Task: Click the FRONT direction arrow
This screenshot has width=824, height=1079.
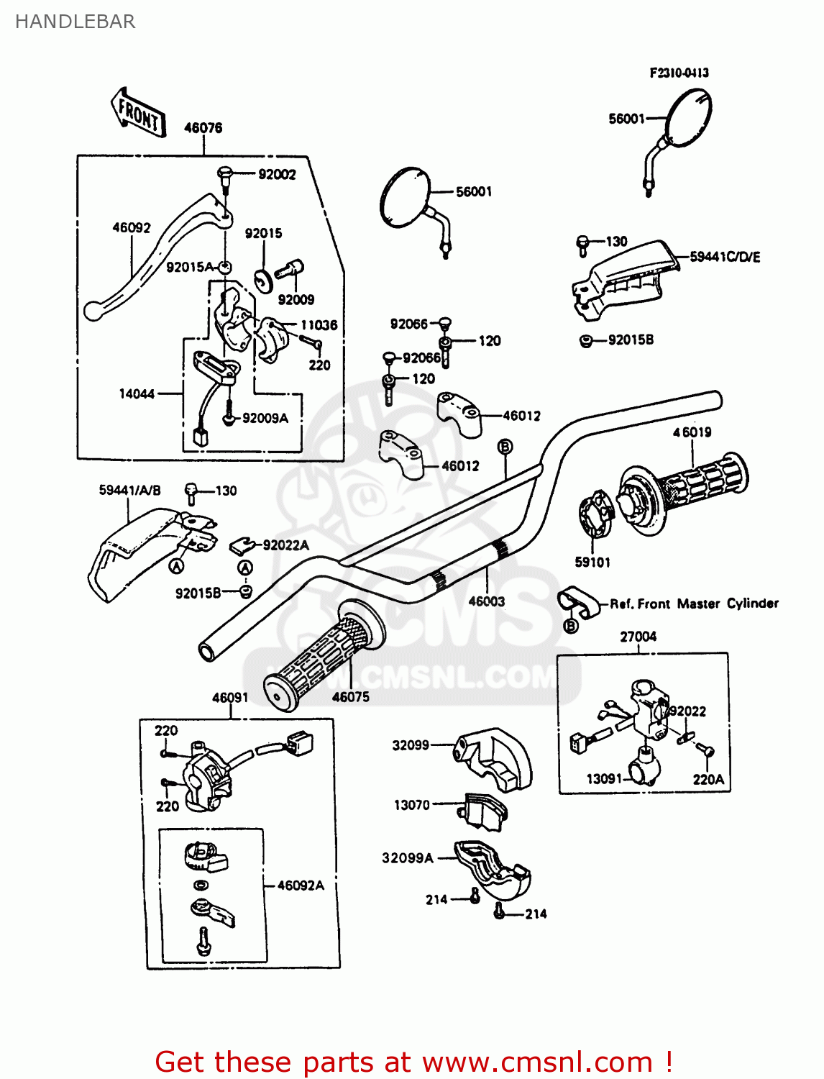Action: [x=139, y=114]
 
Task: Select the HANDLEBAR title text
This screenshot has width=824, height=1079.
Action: [x=75, y=22]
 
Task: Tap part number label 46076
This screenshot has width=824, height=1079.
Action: [x=203, y=128]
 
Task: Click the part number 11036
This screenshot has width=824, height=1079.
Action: [x=319, y=325]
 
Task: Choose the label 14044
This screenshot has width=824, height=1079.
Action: [x=137, y=393]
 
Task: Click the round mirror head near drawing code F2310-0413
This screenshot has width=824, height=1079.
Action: [x=688, y=118]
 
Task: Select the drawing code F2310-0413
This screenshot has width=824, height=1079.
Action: [x=679, y=73]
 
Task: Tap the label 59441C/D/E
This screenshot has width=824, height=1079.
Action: [x=724, y=257]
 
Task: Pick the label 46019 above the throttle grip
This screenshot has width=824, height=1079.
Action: [x=692, y=432]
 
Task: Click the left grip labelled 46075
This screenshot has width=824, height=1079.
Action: [x=324, y=655]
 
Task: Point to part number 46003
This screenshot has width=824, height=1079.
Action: [x=487, y=601]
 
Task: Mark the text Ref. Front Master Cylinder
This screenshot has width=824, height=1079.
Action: [x=694, y=604]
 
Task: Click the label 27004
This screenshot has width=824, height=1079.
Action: [x=638, y=637]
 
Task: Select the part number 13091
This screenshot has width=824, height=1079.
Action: [x=604, y=778]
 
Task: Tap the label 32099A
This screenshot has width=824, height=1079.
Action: [x=408, y=857]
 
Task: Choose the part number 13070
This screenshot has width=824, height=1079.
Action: [x=412, y=805]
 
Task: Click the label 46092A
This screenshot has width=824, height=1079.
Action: [x=301, y=885]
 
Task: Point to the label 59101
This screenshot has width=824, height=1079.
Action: [x=592, y=562]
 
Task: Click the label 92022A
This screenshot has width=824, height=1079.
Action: [x=285, y=545]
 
